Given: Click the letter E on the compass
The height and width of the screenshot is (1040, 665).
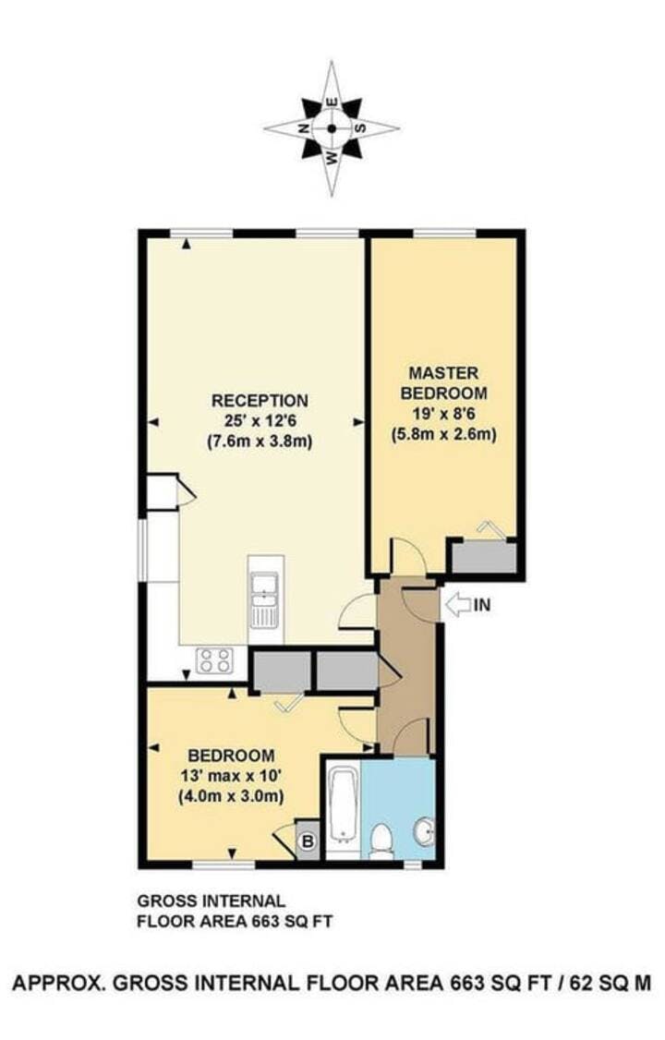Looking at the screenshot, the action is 332,103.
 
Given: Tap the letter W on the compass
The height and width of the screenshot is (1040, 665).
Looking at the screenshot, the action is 332,157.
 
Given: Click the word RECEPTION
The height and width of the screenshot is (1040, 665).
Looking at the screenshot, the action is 260,401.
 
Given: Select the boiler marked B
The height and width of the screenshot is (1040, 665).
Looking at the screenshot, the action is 307,841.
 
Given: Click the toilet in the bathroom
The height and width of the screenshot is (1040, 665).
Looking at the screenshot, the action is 381,840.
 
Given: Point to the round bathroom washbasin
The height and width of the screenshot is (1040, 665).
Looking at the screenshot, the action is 424,829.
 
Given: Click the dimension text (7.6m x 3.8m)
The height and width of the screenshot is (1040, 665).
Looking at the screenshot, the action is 260,441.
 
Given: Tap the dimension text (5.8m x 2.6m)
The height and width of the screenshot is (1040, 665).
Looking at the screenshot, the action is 443,434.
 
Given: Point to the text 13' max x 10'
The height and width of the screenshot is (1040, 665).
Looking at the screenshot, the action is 232,775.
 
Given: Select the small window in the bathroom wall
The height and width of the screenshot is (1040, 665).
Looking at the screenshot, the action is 413,865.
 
